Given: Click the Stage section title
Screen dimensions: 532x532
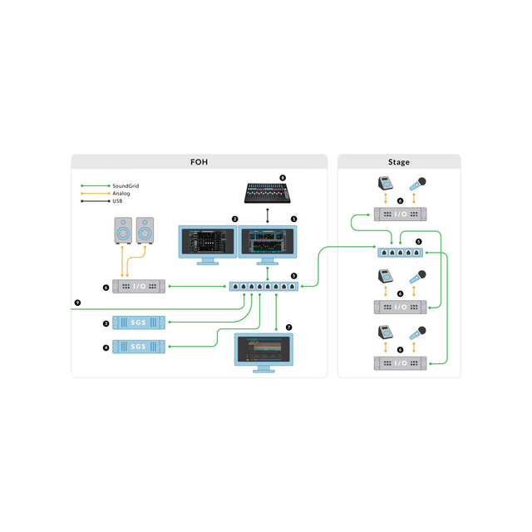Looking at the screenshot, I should coord(398,162).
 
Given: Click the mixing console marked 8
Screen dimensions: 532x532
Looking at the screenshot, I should coord(267,193).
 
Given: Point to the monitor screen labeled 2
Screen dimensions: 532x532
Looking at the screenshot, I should coord(208,240).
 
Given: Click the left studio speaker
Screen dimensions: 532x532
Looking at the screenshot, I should coord(122,232).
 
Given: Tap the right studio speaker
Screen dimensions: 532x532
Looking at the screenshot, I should coord(145,232).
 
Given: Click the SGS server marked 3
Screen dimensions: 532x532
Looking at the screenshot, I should coord(139,323).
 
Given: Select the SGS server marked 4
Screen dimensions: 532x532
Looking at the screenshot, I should coord(139,347).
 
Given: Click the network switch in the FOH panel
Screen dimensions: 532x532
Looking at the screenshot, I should coord(266,287).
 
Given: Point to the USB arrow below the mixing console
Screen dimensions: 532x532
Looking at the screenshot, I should coord(267,214).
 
